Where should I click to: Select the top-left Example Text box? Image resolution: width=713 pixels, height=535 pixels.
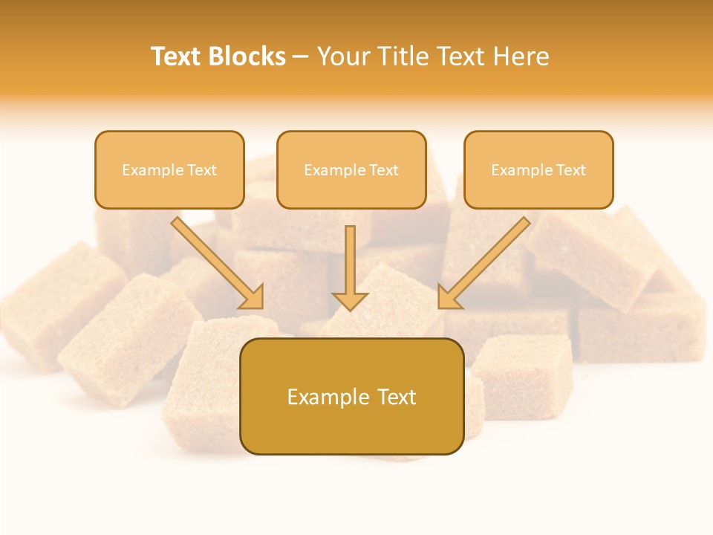pyautogui.click(x=169, y=169)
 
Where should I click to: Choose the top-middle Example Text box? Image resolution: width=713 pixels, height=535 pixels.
pyautogui.click(x=351, y=169)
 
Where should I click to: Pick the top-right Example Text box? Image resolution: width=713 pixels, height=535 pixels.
pyautogui.click(x=538, y=169)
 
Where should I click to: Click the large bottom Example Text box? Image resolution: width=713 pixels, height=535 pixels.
pyautogui.click(x=351, y=396)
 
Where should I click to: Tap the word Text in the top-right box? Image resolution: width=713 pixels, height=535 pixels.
pyautogui.click(x=570, y=170)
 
